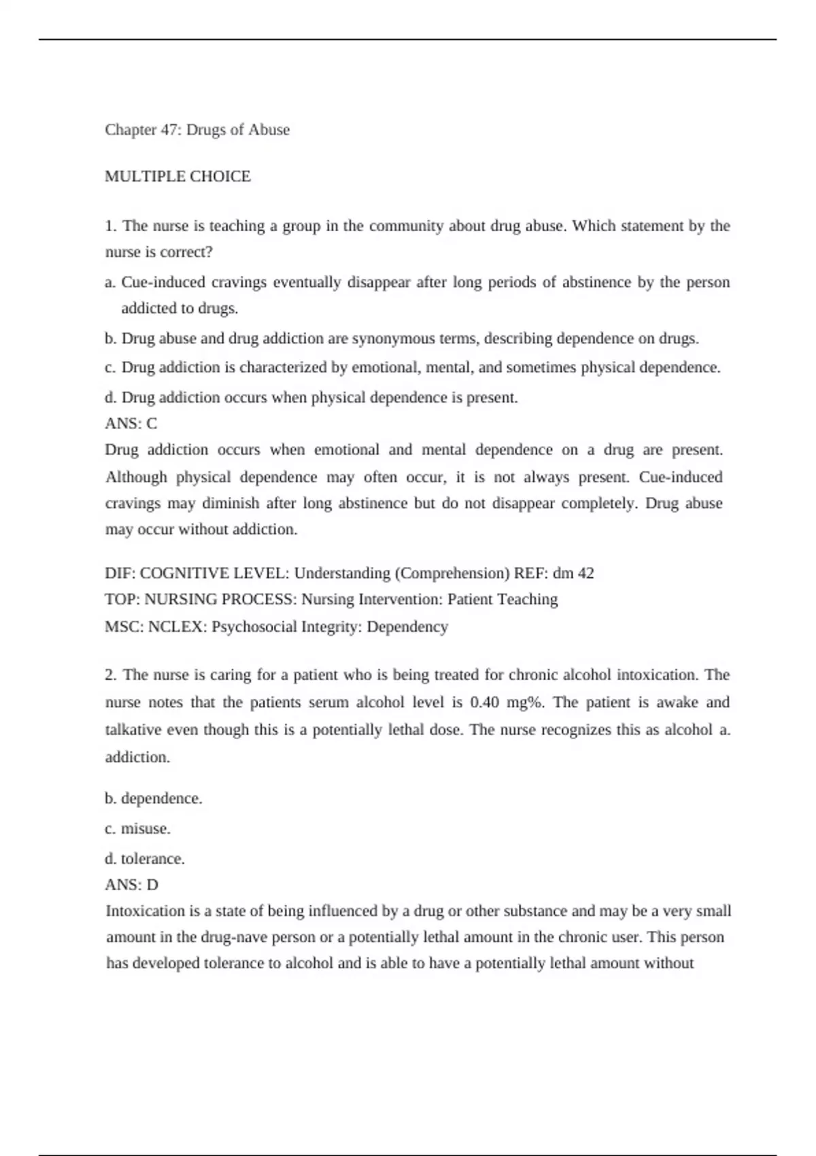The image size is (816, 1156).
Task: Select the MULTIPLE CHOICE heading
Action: coord(177,177)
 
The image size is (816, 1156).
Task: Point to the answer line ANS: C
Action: coord(131,424)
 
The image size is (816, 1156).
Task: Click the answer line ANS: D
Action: coord(131,885)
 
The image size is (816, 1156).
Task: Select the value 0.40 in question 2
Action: coord(484,702)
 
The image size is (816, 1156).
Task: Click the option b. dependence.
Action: coord(154,798)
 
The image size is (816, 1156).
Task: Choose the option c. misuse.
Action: coord(137,829)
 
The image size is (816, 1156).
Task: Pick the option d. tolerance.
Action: coord(145,859)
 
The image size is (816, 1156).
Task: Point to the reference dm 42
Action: coord(573,573)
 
